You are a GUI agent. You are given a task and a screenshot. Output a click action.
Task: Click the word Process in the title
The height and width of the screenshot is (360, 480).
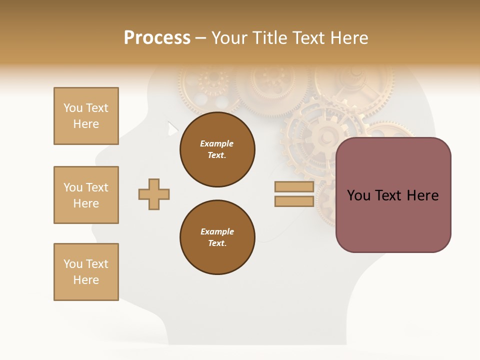click(x=157, y=38)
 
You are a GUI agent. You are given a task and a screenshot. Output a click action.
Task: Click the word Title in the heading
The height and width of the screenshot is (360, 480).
click(x=271, y=38)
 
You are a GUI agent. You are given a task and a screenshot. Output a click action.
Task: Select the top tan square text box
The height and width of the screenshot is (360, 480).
click(x=86, y=116)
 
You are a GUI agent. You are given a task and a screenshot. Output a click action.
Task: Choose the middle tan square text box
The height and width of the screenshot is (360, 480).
click(x=86, y=195)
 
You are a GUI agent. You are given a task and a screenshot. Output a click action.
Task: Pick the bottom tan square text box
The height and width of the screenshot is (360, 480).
click(x=86, y=272)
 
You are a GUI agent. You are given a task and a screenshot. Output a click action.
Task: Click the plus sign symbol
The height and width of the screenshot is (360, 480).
click(x=154, y=194)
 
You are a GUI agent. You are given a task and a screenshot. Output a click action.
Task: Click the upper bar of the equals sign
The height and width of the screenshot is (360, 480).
click(x=294, y=187)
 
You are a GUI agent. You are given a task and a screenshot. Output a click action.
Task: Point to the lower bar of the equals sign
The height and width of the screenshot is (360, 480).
click(x=294, y=201)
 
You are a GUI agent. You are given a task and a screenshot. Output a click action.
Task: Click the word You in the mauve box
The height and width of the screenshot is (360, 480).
click(x=358, y=195)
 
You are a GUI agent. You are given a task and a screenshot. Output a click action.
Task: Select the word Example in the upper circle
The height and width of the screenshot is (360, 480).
click(x=217, y=143)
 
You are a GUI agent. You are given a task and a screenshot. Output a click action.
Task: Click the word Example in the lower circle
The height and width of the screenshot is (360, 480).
click(x=217, y=231)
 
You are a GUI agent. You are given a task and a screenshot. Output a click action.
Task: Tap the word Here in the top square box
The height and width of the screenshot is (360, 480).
click(x=86, y=124)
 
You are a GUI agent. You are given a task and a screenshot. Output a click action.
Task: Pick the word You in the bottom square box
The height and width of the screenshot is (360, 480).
click(x=72, y=264)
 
